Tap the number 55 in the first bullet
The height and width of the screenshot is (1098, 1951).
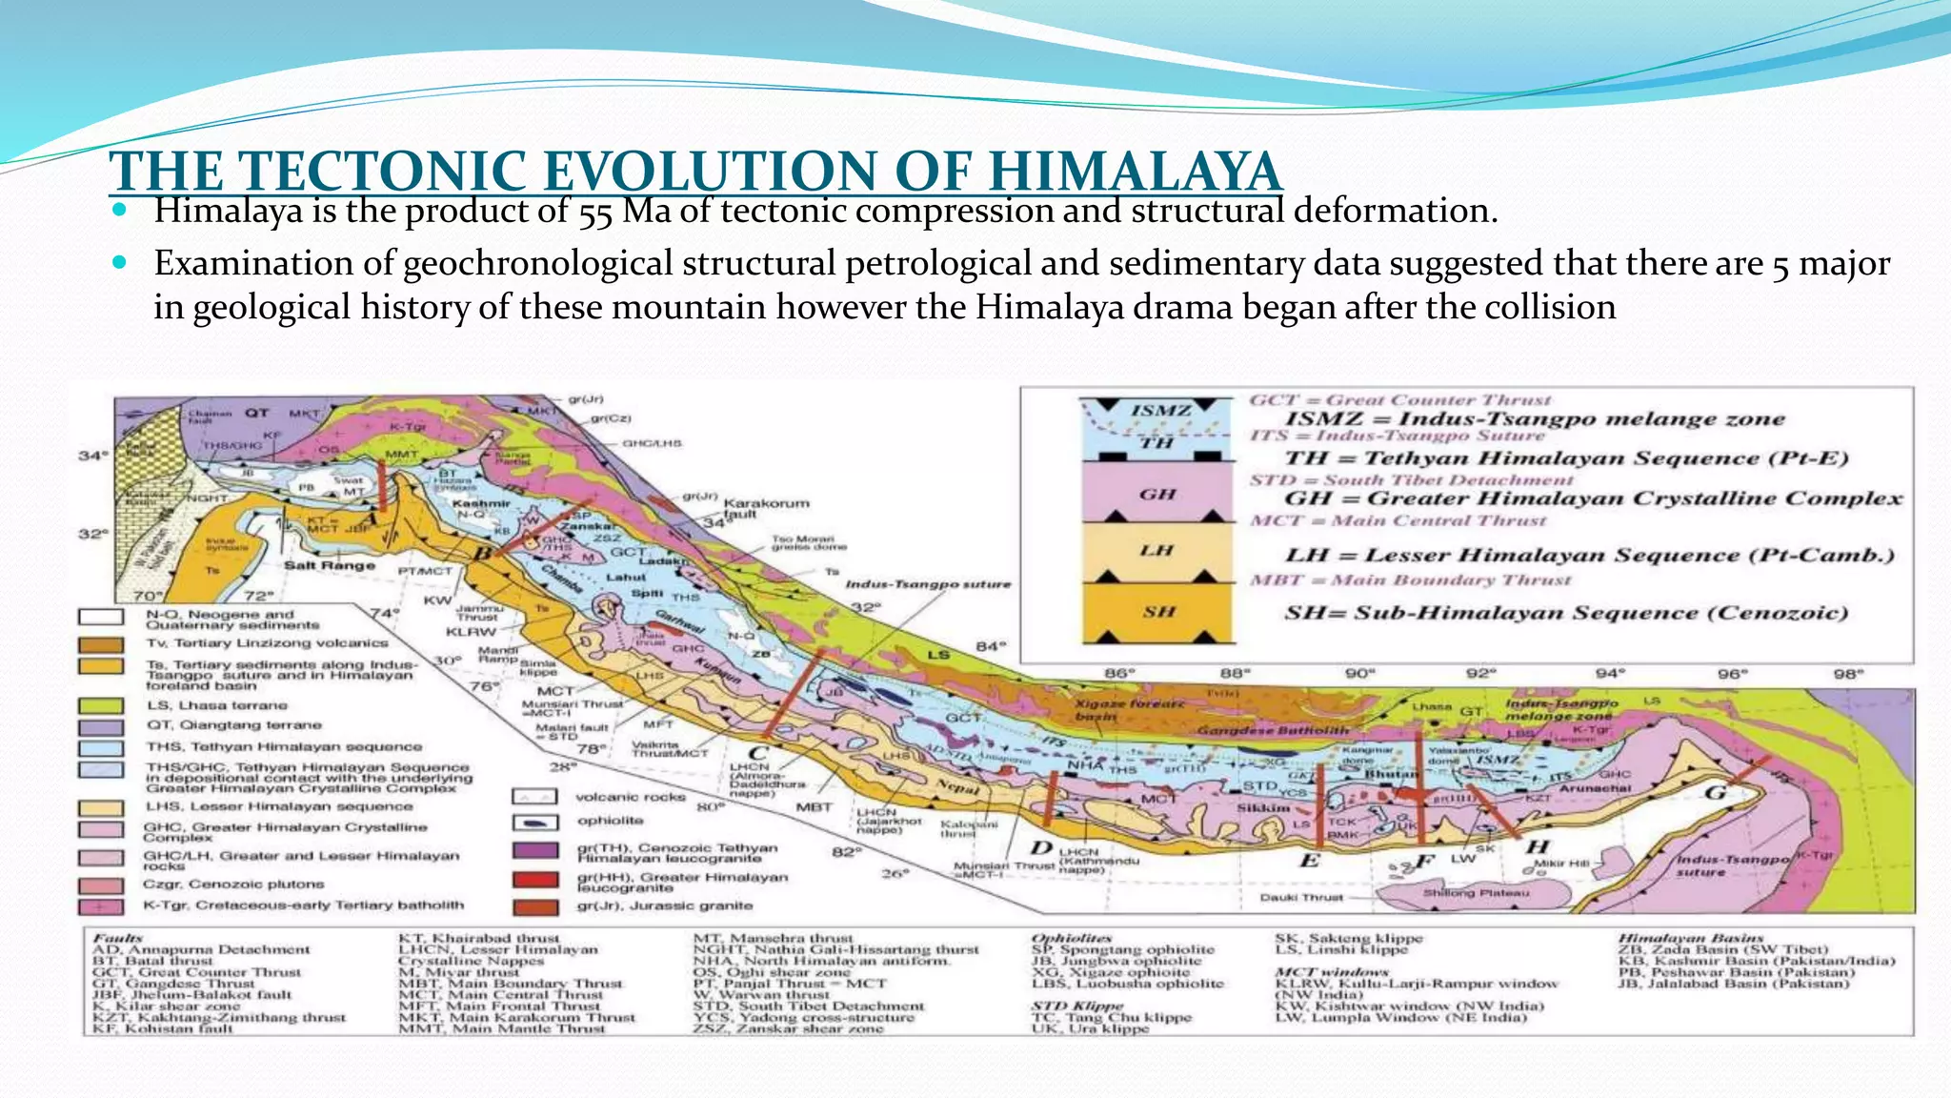coord(595,212)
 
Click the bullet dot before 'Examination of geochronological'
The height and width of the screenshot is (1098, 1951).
coord(119,261)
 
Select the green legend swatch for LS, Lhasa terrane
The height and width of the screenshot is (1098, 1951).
coord(100,706)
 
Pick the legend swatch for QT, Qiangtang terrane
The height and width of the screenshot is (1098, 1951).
coord(100,726)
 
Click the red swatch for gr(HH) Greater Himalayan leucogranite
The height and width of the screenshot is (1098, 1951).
coord(534,880)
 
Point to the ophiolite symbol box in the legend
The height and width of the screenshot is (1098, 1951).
coord(534,822)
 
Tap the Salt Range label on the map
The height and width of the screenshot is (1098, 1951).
coord(330,565)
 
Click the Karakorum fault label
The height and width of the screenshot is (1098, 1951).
coord(766,508)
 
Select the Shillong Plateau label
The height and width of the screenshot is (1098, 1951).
coord(1476,893)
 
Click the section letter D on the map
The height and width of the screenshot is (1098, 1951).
coord(1041,848)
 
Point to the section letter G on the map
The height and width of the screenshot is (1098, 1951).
coord(1715,793)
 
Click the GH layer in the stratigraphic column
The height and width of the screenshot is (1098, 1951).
coord(1157,494)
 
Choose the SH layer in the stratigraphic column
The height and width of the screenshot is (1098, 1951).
coord(1157,611)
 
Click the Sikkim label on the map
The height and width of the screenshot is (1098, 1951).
coord(1263,807)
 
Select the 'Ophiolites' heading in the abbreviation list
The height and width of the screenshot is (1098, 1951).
coord(1071,939)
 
